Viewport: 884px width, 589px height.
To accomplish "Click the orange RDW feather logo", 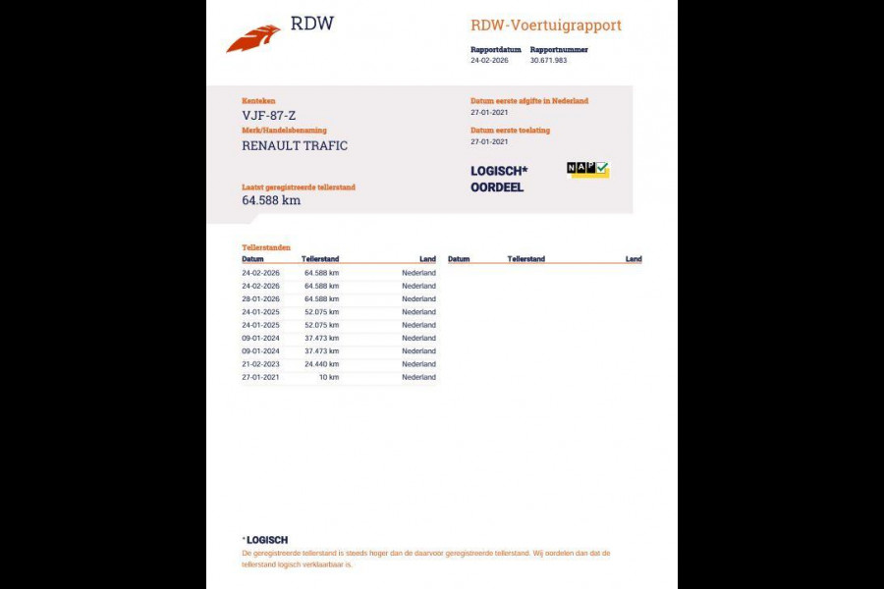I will click(253, 39).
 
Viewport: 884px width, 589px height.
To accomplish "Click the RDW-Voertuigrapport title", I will click(546, 26).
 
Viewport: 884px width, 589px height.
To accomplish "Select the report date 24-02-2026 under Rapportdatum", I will click(490, 60).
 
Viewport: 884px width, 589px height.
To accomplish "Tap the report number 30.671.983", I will click(548, 60).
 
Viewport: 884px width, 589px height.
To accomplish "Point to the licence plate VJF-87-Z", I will click(268, 115).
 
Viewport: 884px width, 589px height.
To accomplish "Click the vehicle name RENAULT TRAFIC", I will click(295, 145).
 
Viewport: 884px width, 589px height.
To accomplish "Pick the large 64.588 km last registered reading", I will click(271, 200).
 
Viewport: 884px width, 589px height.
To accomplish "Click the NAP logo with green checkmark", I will click(587, 169).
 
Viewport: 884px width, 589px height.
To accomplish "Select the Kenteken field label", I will click(258, 100).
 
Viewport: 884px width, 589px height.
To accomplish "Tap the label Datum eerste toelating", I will click(510, 130).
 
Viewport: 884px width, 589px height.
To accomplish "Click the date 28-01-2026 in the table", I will click(260, 298).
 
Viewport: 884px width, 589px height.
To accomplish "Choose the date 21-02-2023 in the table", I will click(260, 364).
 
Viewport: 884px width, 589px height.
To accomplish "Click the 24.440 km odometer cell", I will click(321, 364).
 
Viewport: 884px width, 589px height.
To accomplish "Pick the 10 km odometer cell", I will click(329, 377).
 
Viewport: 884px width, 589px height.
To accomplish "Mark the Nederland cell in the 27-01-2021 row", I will click(418, 377).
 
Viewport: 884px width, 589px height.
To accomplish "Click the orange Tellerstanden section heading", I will click(266, 247).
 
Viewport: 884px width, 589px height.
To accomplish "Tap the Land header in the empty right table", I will click(634, 259).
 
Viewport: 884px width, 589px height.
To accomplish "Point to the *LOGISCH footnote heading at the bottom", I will click(265, 540).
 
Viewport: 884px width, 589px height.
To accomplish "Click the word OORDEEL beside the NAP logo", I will click(497, 187).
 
